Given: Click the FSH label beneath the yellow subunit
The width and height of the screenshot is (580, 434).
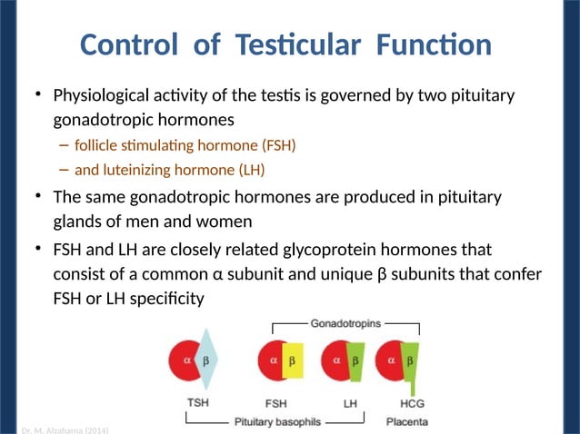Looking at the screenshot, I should click(278, 402).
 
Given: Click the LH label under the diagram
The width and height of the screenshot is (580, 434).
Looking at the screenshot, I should click(349, 402).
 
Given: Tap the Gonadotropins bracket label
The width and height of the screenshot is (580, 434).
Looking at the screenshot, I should click(346, 321).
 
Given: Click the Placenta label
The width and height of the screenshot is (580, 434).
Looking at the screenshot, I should click(407, 421).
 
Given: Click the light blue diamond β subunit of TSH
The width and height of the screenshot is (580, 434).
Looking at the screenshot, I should click(205, 360).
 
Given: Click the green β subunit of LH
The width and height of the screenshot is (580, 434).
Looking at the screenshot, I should click(355, 360).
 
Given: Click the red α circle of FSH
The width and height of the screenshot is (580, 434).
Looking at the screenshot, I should click(272, 360).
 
